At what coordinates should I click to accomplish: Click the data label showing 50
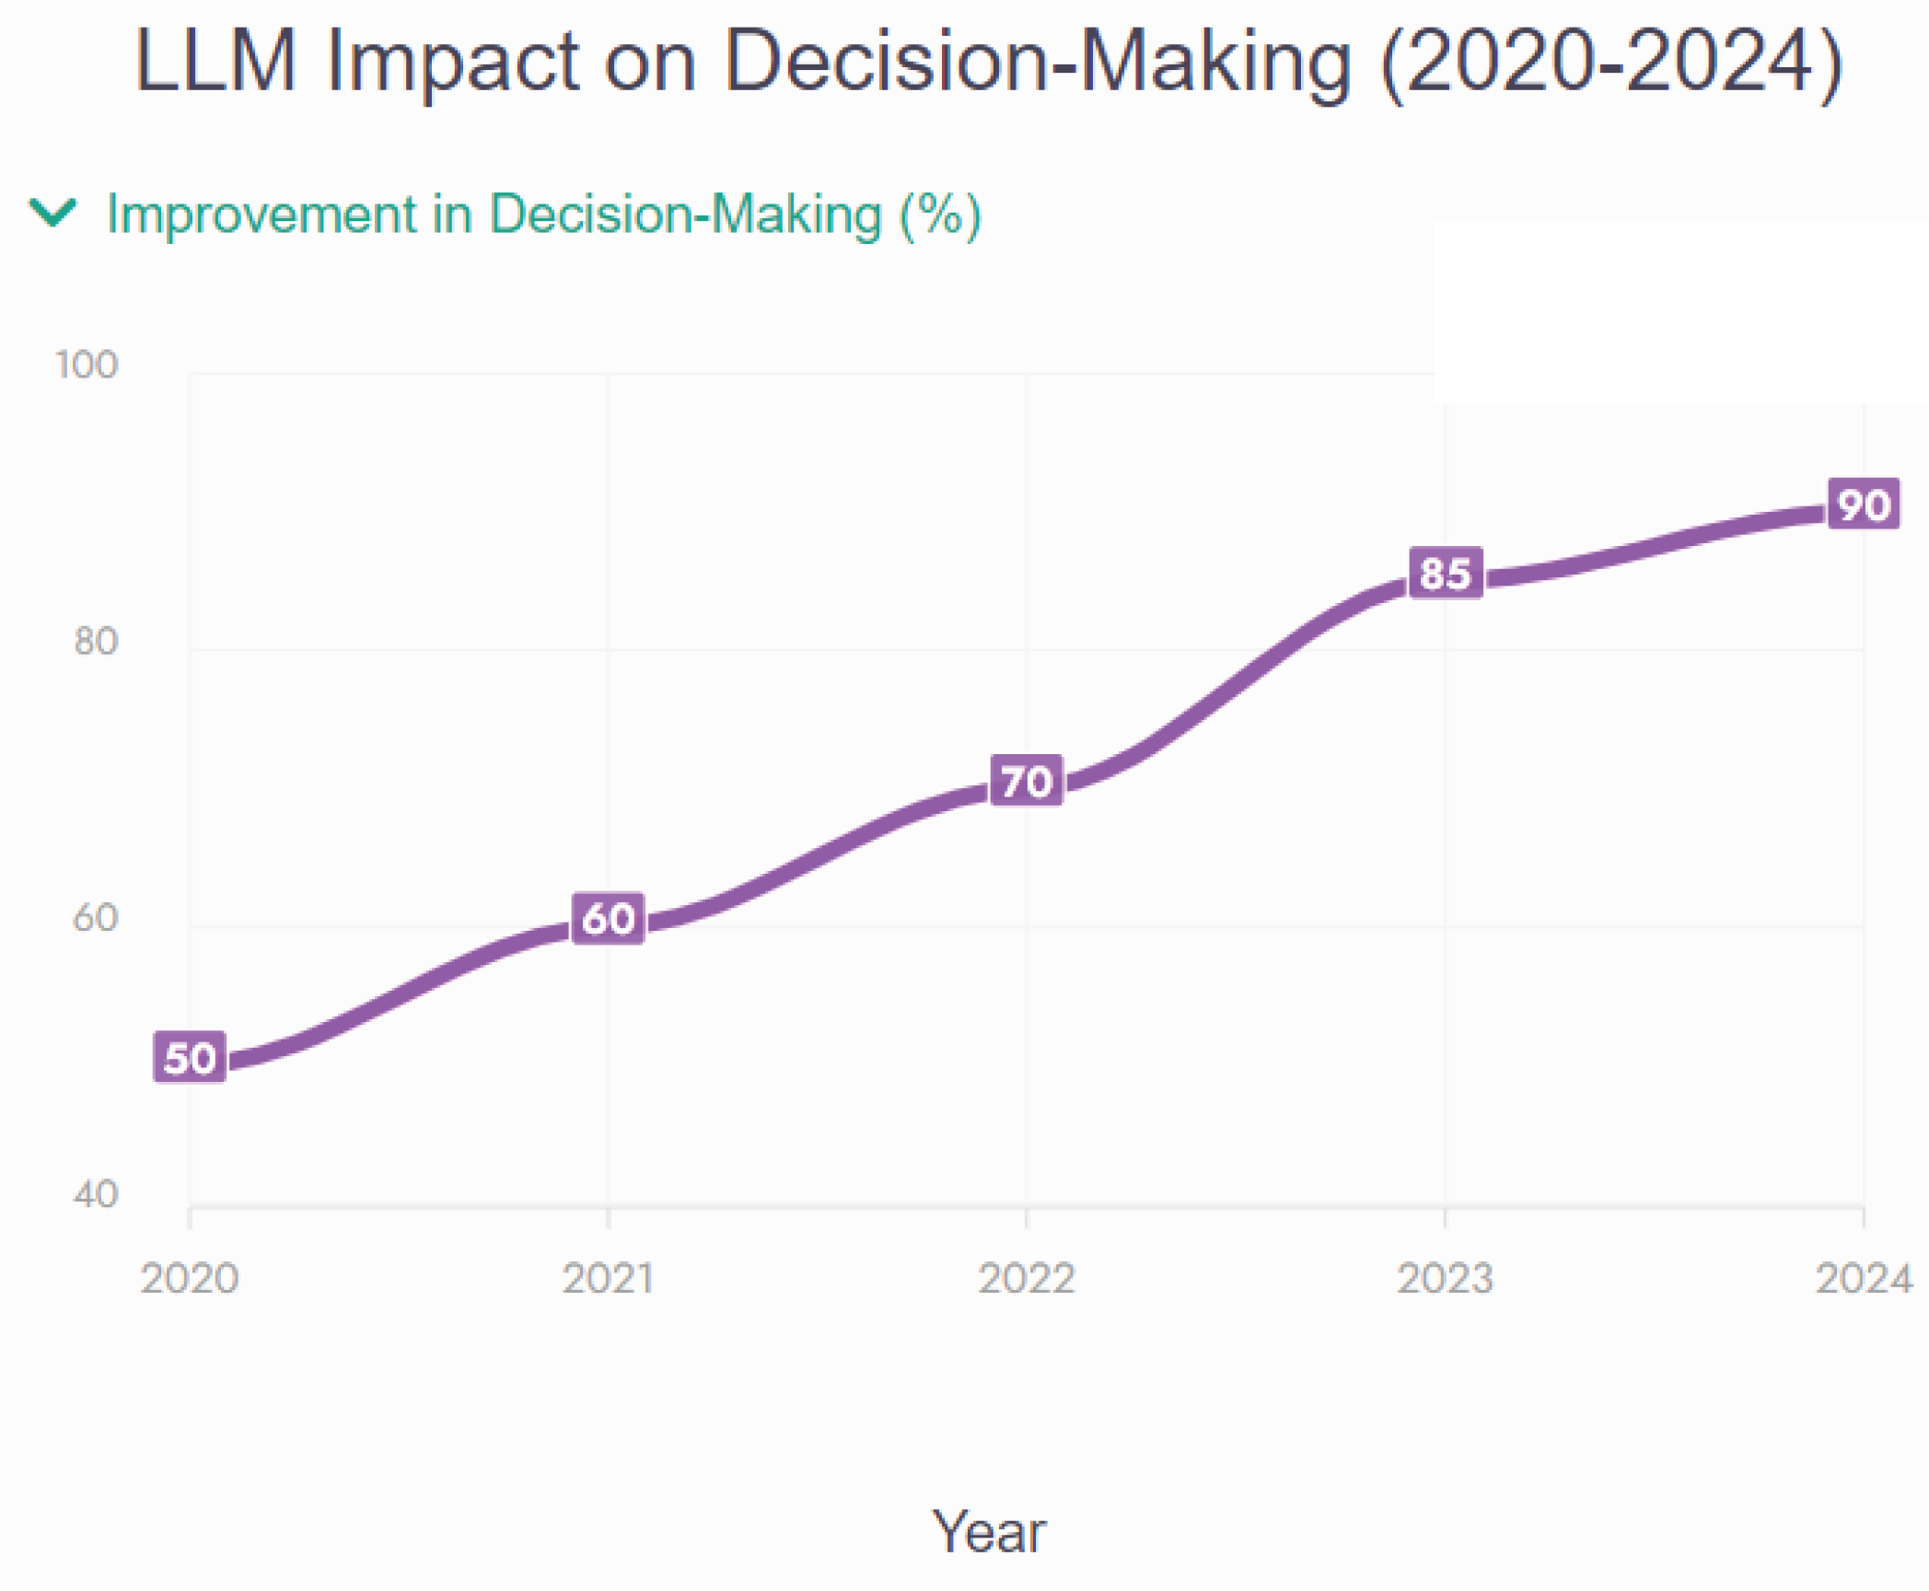(190, 1058)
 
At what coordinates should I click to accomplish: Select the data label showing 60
(608, 919)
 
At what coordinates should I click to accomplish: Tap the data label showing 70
(1027, 781)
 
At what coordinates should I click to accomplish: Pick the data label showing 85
(1446, 573)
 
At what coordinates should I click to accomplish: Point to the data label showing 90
(1864, 504)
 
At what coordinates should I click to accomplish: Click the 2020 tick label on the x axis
(190, 1278)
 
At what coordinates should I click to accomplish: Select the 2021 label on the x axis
(608, 1278)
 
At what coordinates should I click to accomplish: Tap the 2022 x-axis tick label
(1027, 1278)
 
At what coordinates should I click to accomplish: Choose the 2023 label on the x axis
(1446, 1278)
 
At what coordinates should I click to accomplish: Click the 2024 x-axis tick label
(1864, 1278)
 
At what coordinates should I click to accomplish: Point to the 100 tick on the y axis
(87, 365)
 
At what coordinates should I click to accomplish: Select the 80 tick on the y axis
(96, 641)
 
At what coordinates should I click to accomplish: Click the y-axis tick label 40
(96, 1194)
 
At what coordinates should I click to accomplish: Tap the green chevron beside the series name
(52, 213)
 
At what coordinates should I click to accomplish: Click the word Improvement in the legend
(262, 215)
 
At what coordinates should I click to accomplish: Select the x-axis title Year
(989, 1532)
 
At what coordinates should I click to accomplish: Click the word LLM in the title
(216, 61)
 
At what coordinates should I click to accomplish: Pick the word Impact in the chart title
(453, 61)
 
